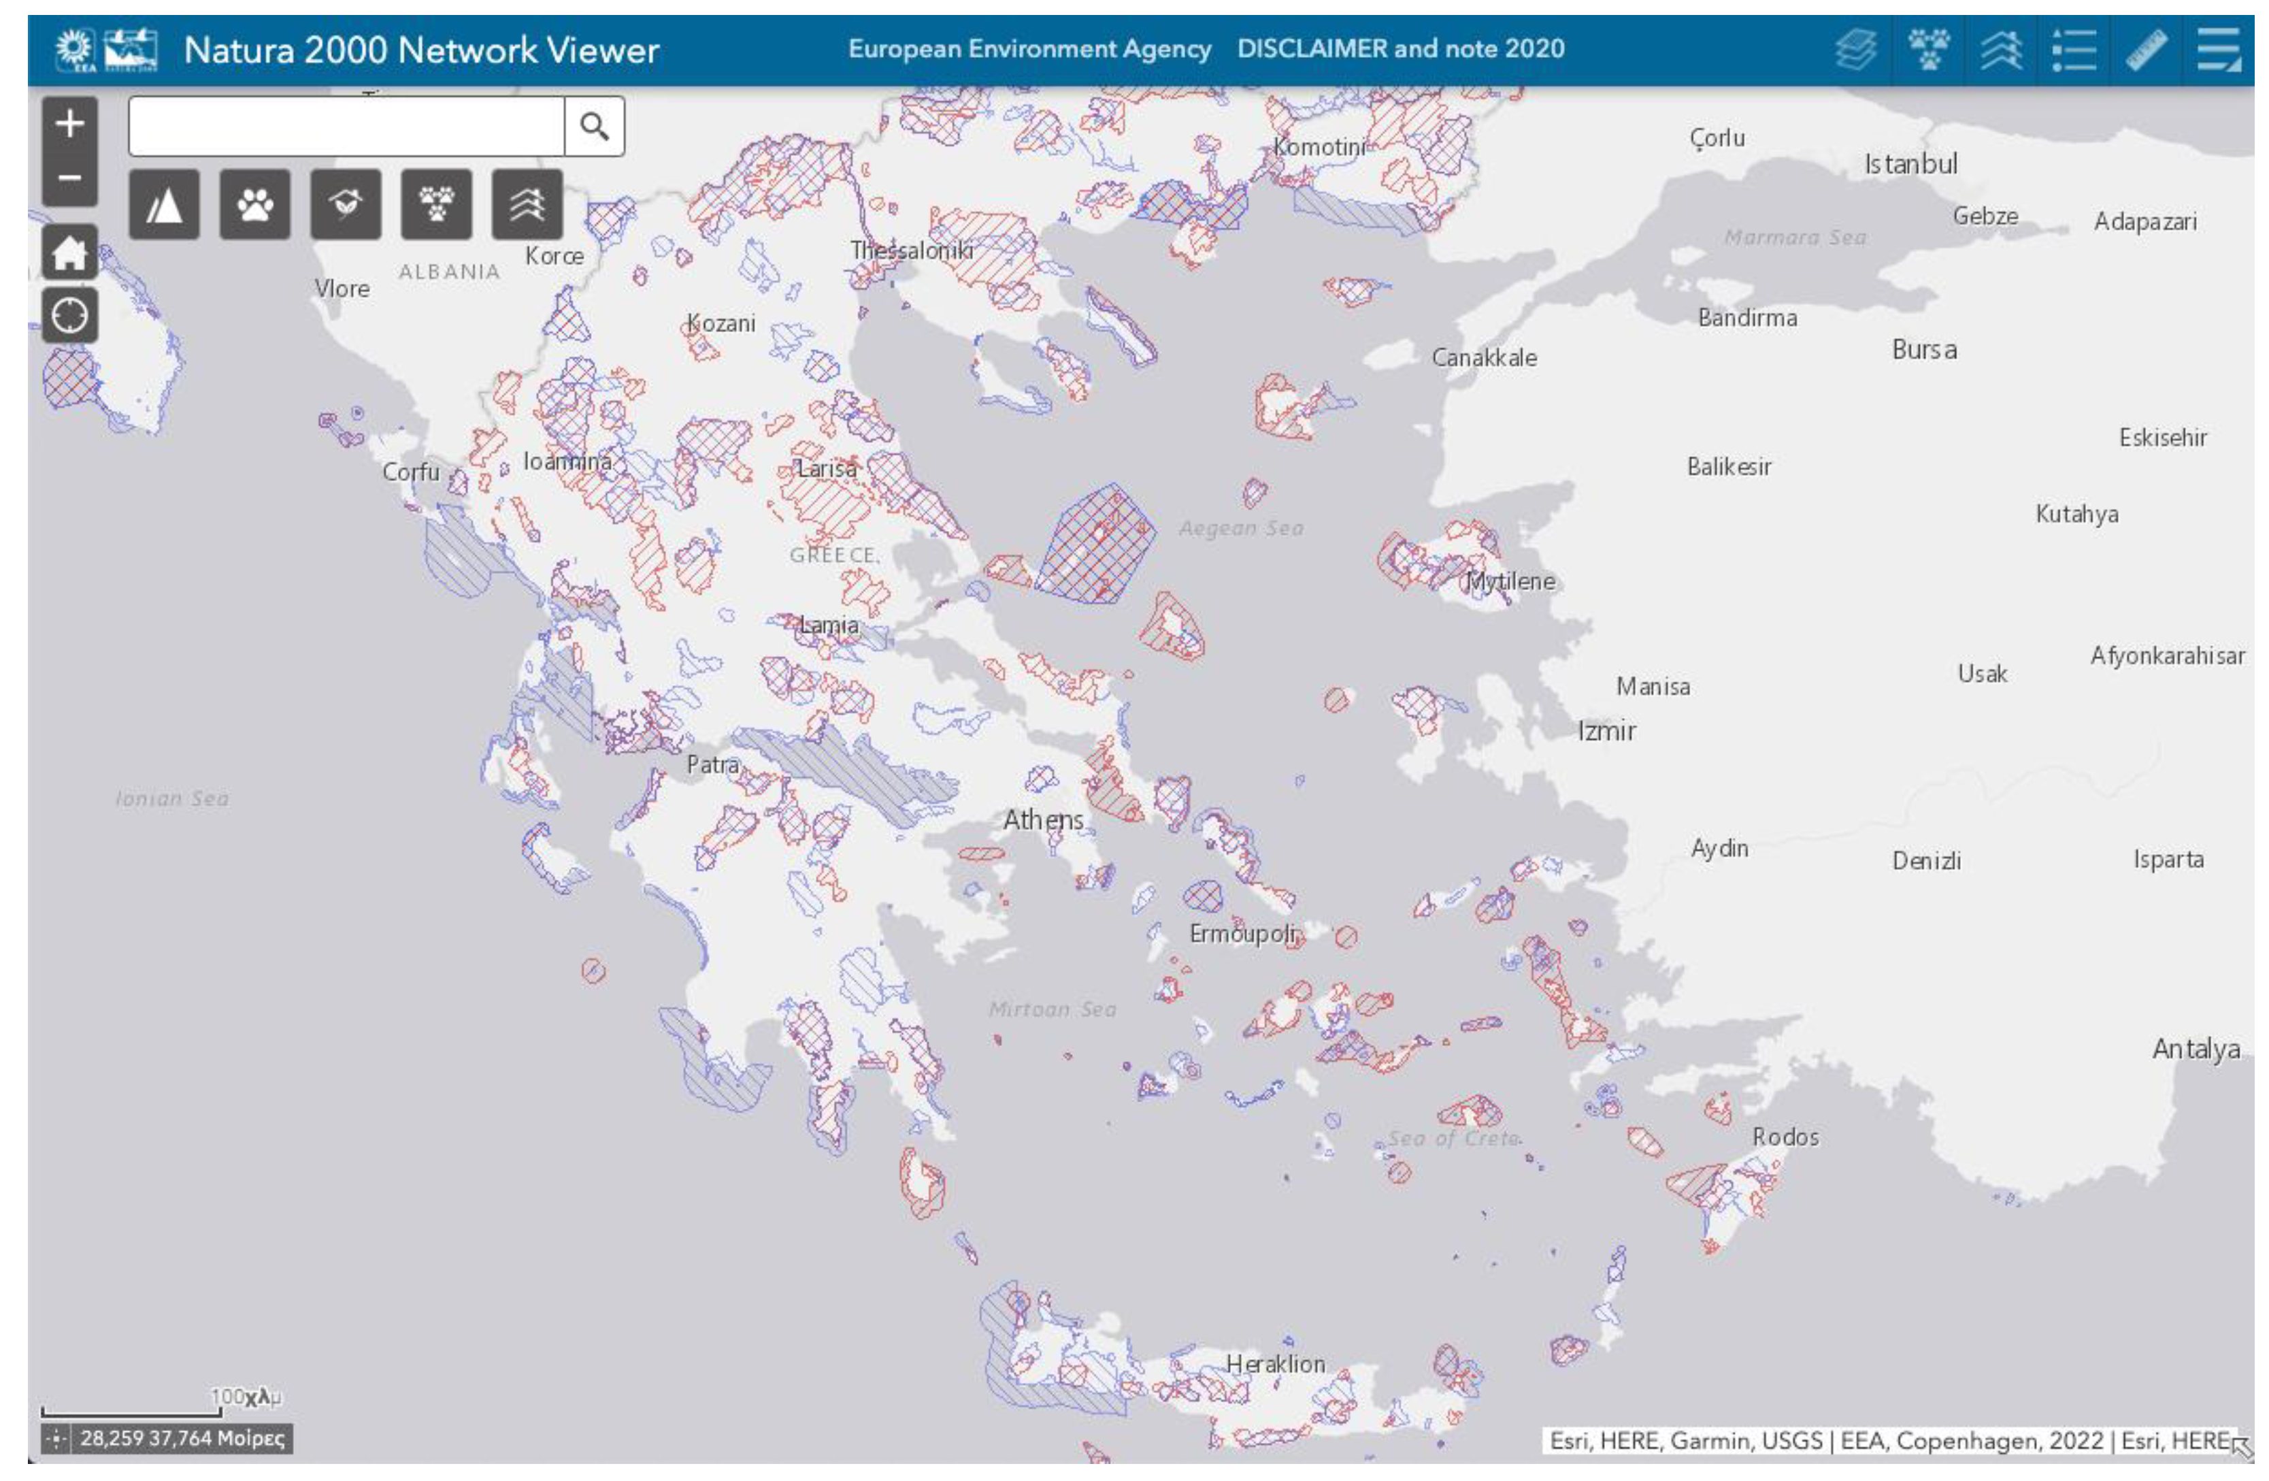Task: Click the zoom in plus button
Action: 69,123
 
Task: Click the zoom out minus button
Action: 69,178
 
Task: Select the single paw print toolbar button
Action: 254,204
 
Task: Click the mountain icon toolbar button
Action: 164,204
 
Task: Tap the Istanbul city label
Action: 1910,164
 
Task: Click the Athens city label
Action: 1042,819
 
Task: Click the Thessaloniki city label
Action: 912,251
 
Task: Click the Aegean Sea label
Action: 1240,528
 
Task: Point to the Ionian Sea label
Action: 171,799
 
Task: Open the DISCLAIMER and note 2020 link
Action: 1400,48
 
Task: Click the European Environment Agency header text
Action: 1029,48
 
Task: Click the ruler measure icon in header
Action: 2145,50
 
